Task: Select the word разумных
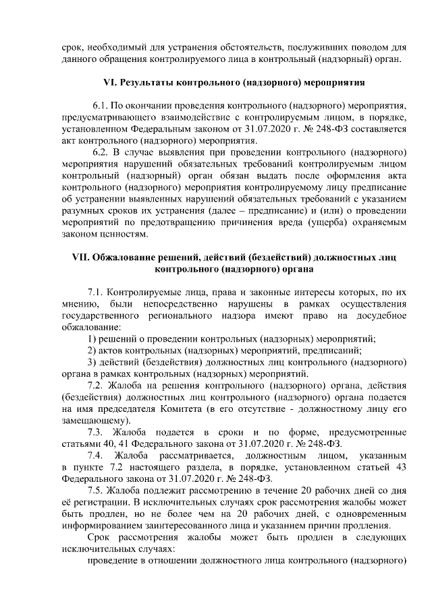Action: click(82, 210)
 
